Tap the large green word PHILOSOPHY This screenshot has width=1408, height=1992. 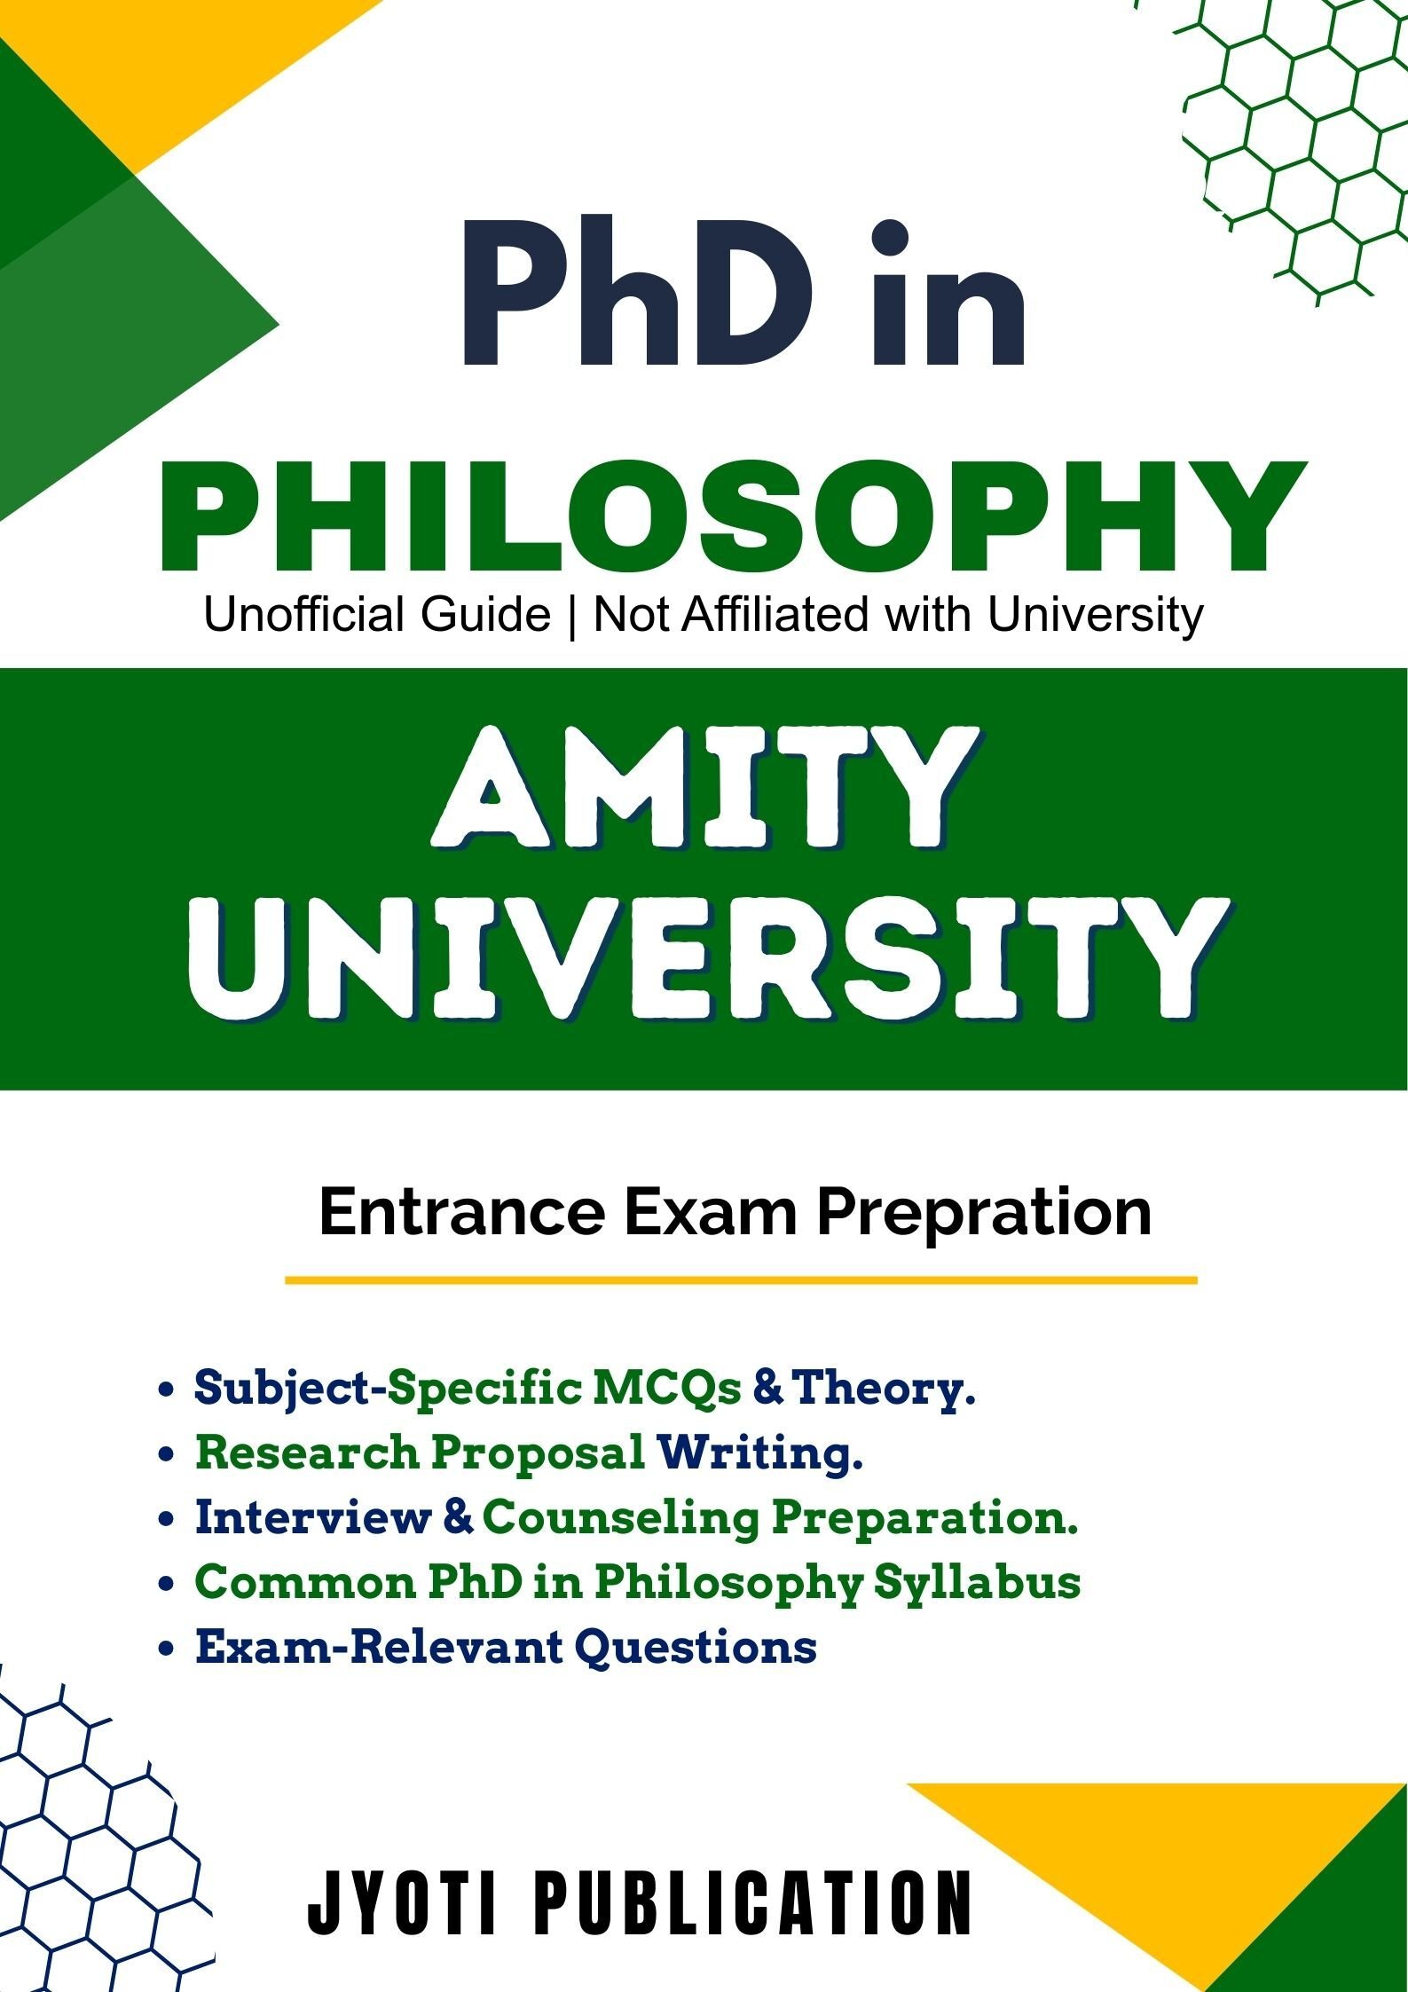click(733, 516)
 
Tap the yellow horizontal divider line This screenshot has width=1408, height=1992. click(740, 1280)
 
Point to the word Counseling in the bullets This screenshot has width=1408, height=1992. click(620, 1517)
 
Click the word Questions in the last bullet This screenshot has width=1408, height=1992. click(695, 1647)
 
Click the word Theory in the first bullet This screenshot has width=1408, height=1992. click(881, 1388)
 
